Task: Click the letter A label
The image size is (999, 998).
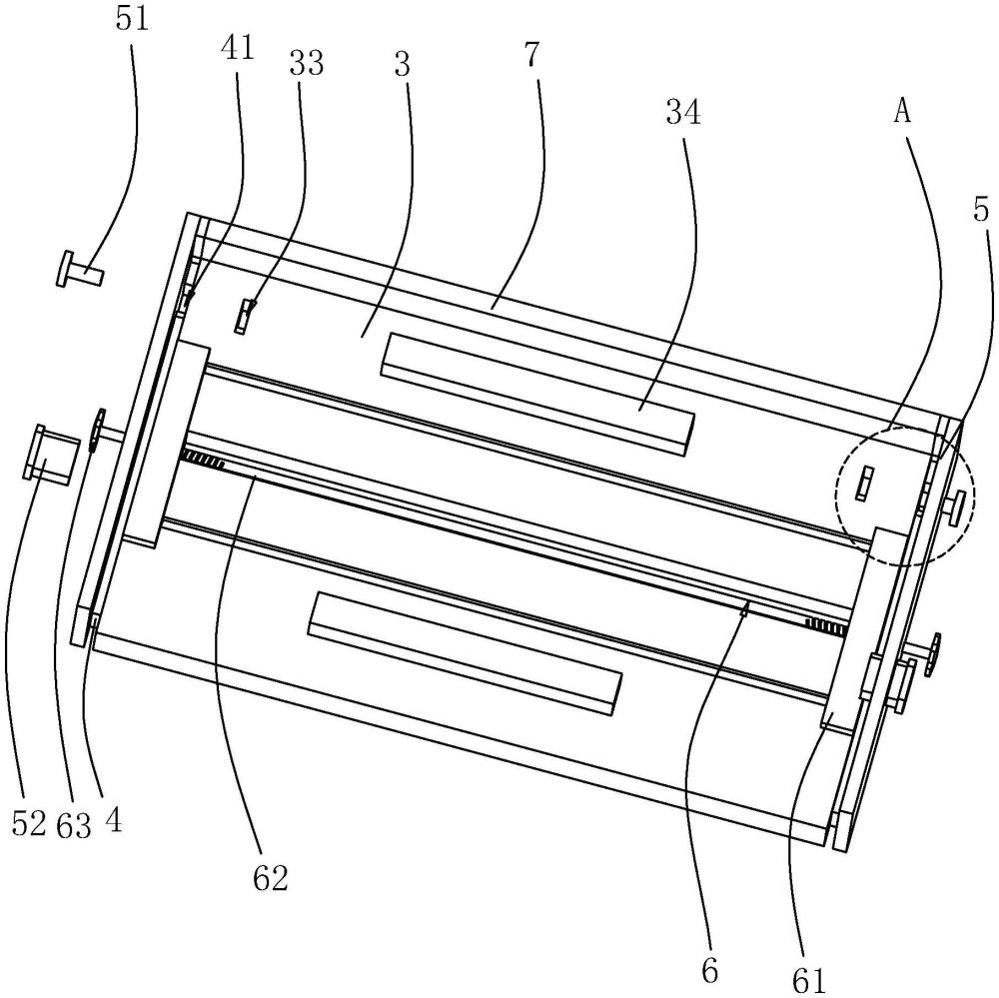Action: pyautogui.click(x=901, y=112)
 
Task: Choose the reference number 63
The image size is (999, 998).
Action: pyautogui.click(x=75, y=824)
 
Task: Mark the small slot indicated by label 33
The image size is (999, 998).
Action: pyautogui.click(x=245, y=316)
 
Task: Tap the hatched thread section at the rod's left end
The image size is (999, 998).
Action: pyautogui.click(x=203, y=459)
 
